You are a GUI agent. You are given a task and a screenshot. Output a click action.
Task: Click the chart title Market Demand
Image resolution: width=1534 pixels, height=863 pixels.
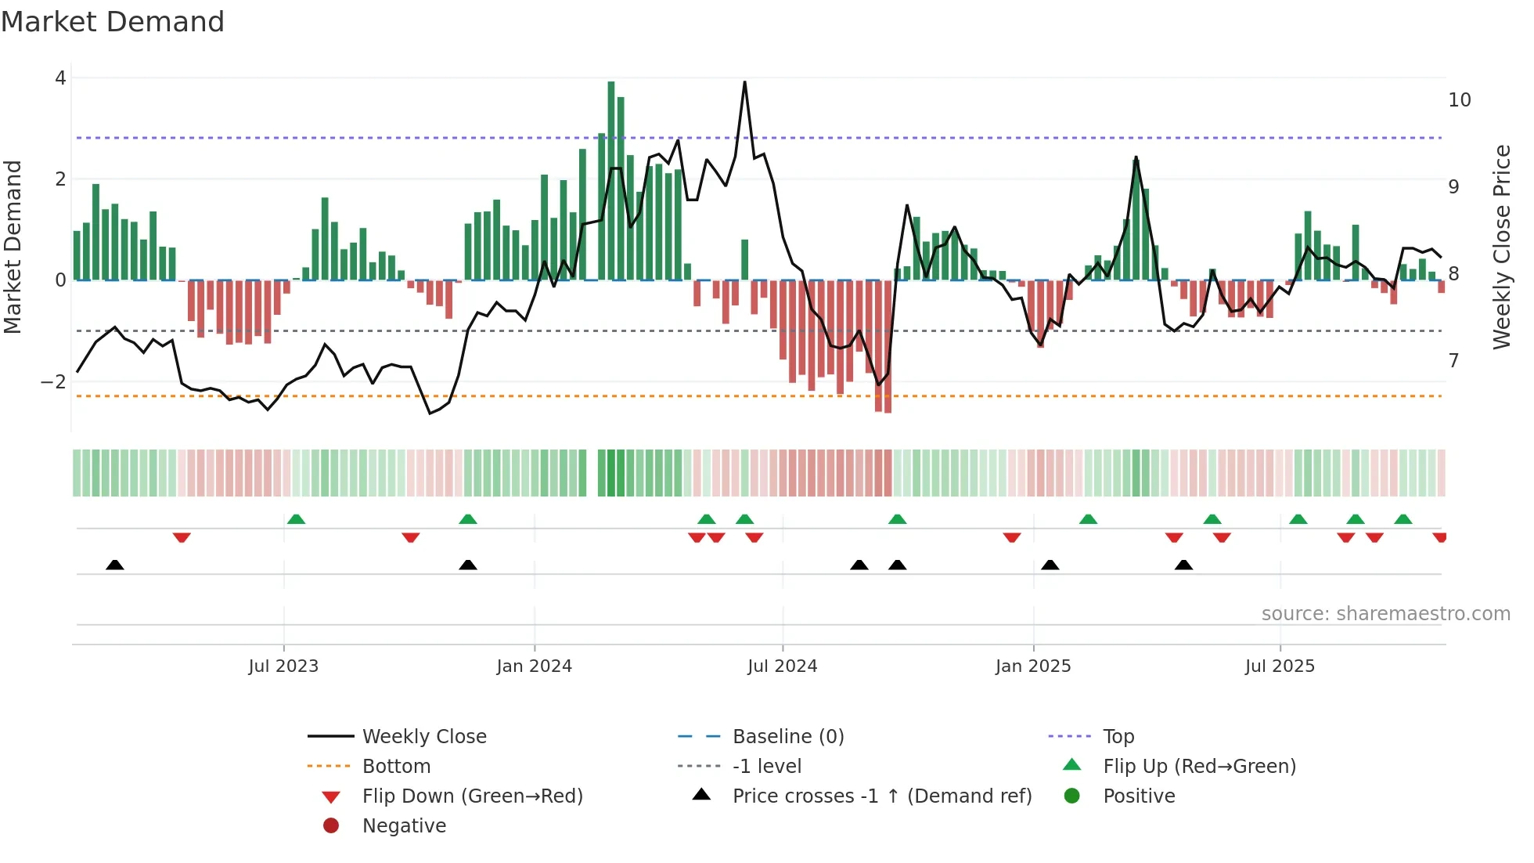click(x=113, y=22)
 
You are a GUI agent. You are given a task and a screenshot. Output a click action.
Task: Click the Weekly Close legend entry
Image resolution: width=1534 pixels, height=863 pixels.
click(x=423, y=737)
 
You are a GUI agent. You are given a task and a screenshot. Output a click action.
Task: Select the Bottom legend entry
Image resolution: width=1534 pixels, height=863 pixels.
click(x=396, y=767)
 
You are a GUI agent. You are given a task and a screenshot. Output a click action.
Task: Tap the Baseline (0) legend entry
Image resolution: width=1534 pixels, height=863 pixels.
click(x=787, y=737)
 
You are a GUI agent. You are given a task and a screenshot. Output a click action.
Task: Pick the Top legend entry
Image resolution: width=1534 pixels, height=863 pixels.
click(x=1118, y=737)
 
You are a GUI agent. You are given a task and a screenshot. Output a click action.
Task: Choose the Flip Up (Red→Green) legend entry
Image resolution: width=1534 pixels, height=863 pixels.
click(x=1198, y=767)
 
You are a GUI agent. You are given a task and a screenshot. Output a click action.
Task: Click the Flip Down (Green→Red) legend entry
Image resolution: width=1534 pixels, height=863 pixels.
click(x=472, y=796)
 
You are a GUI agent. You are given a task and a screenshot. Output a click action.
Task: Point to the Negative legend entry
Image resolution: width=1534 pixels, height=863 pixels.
click(x=404, y=826)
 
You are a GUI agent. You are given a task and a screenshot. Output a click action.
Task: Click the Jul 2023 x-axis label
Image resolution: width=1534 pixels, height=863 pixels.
click(x=283, y=666)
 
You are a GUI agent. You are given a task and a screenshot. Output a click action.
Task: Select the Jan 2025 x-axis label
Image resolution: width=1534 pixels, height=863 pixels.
click(x=1032, y=666)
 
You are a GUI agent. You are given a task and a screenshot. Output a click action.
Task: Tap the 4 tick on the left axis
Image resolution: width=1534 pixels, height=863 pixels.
click(x=60, y=78)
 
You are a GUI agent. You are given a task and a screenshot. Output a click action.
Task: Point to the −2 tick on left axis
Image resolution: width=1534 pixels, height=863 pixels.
click(x=53, y=382)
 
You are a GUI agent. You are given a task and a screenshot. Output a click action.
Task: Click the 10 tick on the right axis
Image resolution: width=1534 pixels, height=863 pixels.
click(x=1459, y=100)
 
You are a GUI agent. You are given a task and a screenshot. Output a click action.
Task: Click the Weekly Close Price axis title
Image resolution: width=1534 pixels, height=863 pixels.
click(x=1501, y=247)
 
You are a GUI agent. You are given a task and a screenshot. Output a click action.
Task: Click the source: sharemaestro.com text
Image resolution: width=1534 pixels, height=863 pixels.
click(x=1385, y=614)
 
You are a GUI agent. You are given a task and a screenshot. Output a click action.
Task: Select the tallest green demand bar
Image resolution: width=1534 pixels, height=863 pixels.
click(x=611, y=180)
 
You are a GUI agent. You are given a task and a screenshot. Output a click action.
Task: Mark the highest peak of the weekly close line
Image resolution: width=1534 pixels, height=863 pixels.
click(x=744, y=82)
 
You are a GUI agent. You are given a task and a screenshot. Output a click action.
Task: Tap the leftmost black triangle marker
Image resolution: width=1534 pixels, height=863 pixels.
click(x=115, y=565)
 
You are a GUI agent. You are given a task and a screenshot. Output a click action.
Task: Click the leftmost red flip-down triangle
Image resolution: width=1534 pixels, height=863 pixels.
click(x=182, y=537)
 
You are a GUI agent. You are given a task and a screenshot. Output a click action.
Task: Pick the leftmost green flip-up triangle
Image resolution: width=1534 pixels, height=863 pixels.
click(x=296, y=519)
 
